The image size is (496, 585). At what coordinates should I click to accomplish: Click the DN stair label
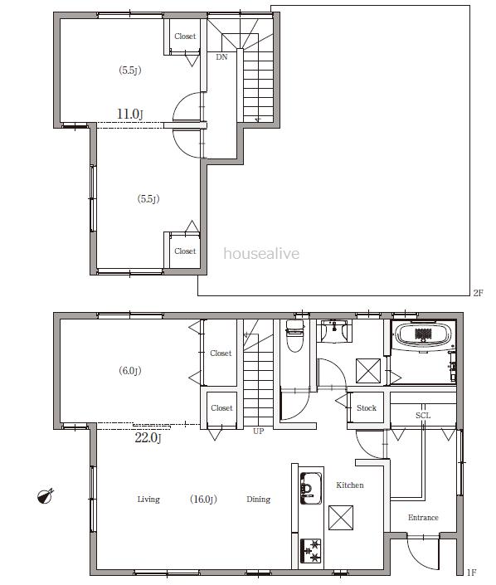(221, 57)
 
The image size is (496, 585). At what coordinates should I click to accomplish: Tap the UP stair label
(258, 431)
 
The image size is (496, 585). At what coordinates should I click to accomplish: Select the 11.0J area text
(129, 114)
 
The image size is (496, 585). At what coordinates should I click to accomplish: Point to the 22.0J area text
(148, 437)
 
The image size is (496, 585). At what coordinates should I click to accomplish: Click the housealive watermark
(261, 254)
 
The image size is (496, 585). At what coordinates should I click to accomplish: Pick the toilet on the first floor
(295, 336)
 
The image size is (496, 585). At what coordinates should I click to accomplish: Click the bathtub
(423, 337)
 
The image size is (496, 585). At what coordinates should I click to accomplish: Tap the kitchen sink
(311, 488)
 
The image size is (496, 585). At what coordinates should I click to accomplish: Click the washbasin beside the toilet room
(334, 330)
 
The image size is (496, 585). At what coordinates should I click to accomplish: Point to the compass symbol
(46, 496)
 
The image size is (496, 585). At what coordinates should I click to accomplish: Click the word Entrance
(423, 518)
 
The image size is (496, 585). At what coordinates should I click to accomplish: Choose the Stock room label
(367, 407)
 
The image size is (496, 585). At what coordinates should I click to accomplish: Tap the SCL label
(423, 415)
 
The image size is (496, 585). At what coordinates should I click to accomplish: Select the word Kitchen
(350, 485)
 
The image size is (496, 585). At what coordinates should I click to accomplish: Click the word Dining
(259, 500)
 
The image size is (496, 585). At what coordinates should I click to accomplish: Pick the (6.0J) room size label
(130, 371)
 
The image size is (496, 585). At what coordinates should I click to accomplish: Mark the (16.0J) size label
(203, 500)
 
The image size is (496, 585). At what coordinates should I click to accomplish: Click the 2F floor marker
(478, 293)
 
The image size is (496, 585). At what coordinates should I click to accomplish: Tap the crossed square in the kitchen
(341, 518)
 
